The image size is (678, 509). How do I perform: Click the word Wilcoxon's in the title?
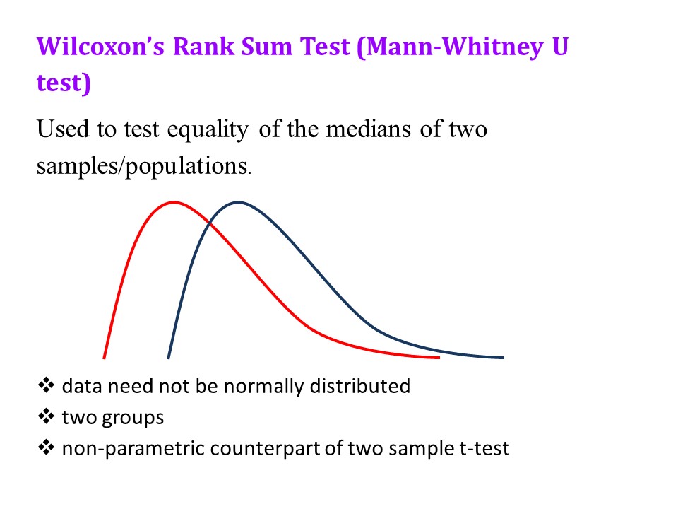100,47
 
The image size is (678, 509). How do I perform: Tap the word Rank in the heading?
203,47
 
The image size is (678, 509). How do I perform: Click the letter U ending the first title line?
560,47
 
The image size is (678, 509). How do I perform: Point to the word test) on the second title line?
64,83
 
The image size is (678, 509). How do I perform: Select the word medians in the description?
368,129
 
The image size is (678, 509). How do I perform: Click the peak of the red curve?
174,202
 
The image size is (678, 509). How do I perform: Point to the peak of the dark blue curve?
238,202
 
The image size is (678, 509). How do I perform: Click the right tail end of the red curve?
439,358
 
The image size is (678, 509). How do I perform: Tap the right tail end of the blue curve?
504,358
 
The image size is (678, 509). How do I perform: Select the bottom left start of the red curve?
105,358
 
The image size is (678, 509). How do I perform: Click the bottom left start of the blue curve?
168,358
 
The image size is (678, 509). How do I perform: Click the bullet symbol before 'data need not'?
47,385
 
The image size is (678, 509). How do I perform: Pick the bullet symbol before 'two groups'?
47,416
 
